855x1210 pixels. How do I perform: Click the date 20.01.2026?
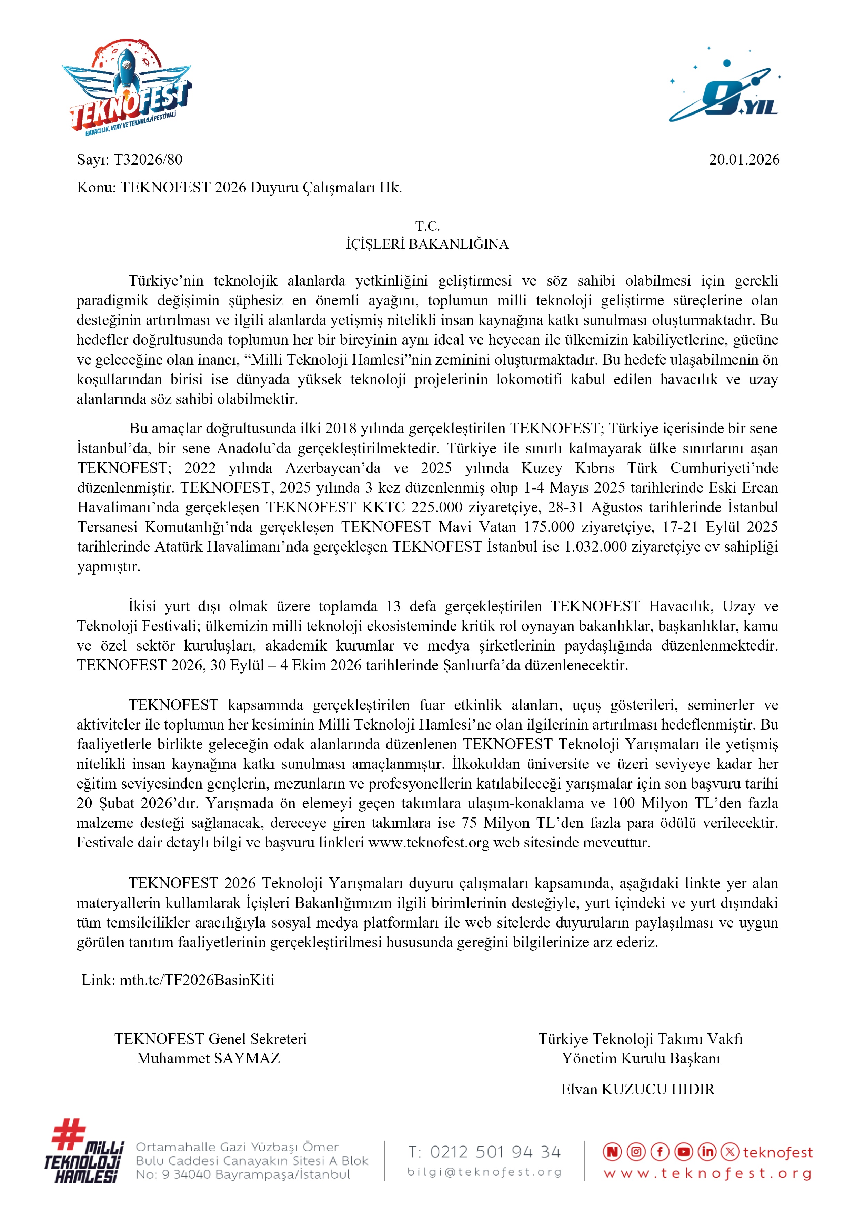744,160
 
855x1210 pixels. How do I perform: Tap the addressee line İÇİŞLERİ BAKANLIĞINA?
427,244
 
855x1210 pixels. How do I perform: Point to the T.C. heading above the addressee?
427,226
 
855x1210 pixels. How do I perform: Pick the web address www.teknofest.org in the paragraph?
429,843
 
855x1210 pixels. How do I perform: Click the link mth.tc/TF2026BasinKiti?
197,980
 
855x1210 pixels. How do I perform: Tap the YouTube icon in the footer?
683,1152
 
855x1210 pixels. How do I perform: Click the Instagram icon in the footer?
636,1152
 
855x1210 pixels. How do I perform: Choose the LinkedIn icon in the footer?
707,1152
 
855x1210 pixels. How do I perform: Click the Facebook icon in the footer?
660,1152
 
